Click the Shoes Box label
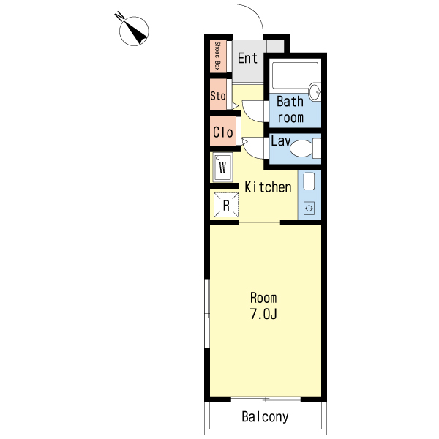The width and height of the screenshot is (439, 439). (217, 56)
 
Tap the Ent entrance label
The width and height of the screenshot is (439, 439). (247, 59)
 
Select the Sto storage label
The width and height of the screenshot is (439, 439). (218, 96)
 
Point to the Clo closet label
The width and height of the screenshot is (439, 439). (223, 132)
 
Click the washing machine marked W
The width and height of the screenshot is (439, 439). (222, 167)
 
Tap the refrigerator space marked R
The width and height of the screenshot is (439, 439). (226, 205)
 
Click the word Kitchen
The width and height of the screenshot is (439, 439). (268, 187)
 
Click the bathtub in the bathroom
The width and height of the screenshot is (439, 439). (295, 75)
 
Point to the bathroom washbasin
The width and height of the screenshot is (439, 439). (315, 91)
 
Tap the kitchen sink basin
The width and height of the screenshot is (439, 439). (309, 181)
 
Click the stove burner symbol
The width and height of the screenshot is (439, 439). (309, 209)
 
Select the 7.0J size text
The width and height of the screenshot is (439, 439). (263, 314)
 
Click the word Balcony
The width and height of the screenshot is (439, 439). (265, 417)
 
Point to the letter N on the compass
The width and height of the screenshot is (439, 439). (120, 16)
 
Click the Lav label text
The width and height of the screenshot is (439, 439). (281, 140)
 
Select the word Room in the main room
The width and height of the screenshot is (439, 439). (263, 298)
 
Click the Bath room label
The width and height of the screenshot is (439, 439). (290, 110)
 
